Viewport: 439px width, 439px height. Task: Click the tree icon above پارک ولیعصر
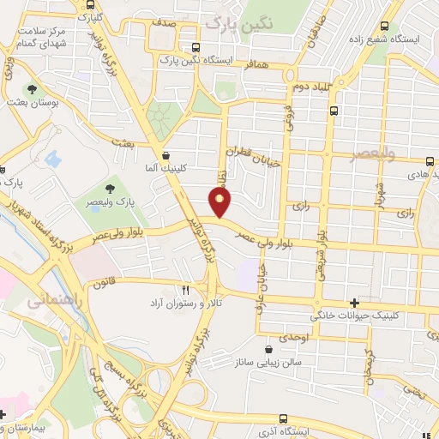click(110, 188)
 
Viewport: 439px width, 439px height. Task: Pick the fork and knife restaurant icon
click(184, 290)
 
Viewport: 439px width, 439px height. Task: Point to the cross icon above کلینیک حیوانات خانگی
click(355, 302)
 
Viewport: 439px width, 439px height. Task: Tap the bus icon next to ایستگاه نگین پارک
click(197, 47)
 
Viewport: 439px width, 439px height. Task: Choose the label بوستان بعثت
click(34, 102)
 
